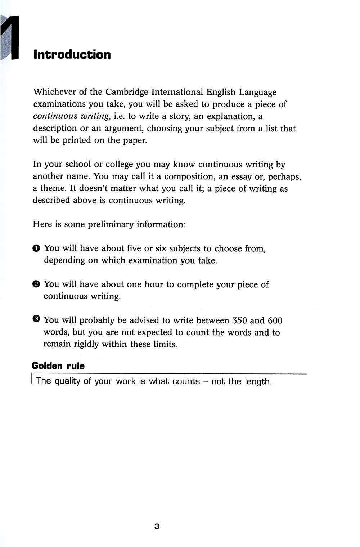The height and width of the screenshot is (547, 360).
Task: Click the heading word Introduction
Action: tap(72, 55)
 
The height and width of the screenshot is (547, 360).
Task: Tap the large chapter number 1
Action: tap(12, 38)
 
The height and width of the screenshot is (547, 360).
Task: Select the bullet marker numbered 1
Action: tap(36, 248)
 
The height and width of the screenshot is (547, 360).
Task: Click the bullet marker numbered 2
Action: tap(36, 284)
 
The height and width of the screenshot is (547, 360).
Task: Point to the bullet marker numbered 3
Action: tap(36, 319)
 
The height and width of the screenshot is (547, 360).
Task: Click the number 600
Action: tap(275, 320)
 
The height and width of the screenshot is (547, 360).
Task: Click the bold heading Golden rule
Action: tap(58, 366)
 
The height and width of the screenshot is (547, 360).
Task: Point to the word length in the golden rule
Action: tap(258, 382)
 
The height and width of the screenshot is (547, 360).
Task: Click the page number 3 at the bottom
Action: tap(157, 526)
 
